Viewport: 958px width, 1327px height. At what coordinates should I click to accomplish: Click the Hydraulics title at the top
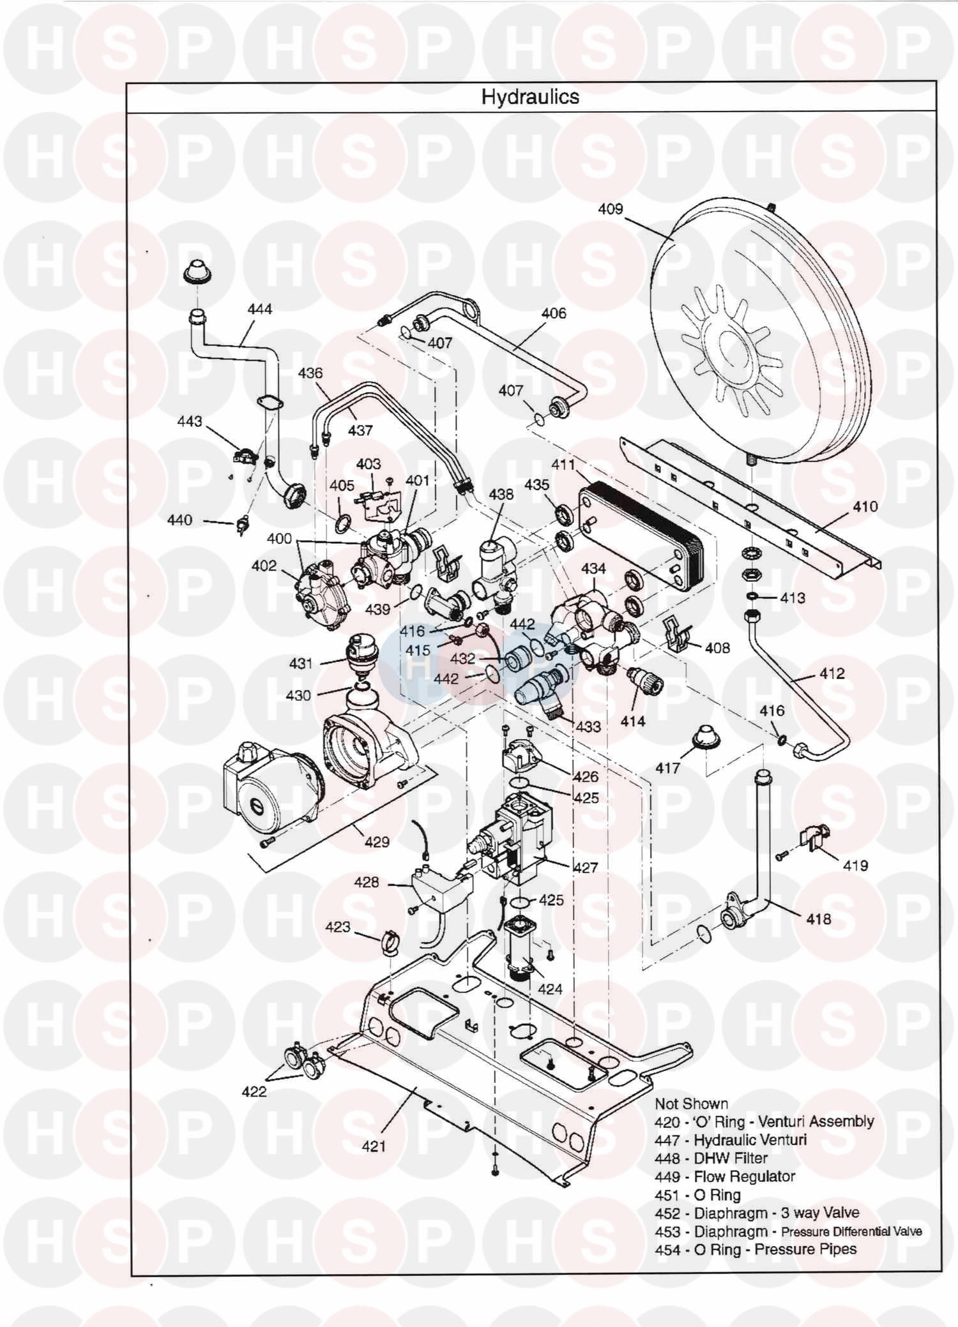coord(530,97)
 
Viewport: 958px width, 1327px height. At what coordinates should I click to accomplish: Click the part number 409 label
coord(610,209)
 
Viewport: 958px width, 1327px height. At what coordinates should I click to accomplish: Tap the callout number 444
coord(260,310)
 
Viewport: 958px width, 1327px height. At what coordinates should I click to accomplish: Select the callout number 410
coord(865,507)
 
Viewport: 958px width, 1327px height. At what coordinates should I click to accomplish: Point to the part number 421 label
coord(374,1146)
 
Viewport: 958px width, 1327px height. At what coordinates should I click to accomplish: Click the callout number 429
coord(377,842)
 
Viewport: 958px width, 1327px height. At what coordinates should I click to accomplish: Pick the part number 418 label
coord(818,918)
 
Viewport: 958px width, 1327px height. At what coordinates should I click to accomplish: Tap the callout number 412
coord(832,673)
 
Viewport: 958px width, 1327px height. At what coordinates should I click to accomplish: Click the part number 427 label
coord(585,867)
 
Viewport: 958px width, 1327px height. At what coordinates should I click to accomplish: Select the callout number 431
coord(300,664)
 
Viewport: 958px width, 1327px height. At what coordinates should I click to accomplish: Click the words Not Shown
coord(691,1104)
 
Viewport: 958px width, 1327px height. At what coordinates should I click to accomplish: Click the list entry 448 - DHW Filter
coord(711,1158)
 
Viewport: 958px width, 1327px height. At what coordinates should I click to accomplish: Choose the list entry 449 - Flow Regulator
coord(725,1176)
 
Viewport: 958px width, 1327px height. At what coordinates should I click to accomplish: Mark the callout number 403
coord(369,464)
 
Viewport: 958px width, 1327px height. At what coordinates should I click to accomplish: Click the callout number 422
coord(254,1092)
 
